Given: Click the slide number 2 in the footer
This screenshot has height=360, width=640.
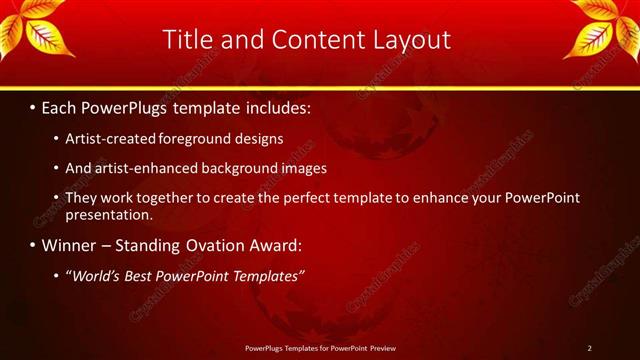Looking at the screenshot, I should [590, 348].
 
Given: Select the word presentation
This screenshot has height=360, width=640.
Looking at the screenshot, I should [107, 215].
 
